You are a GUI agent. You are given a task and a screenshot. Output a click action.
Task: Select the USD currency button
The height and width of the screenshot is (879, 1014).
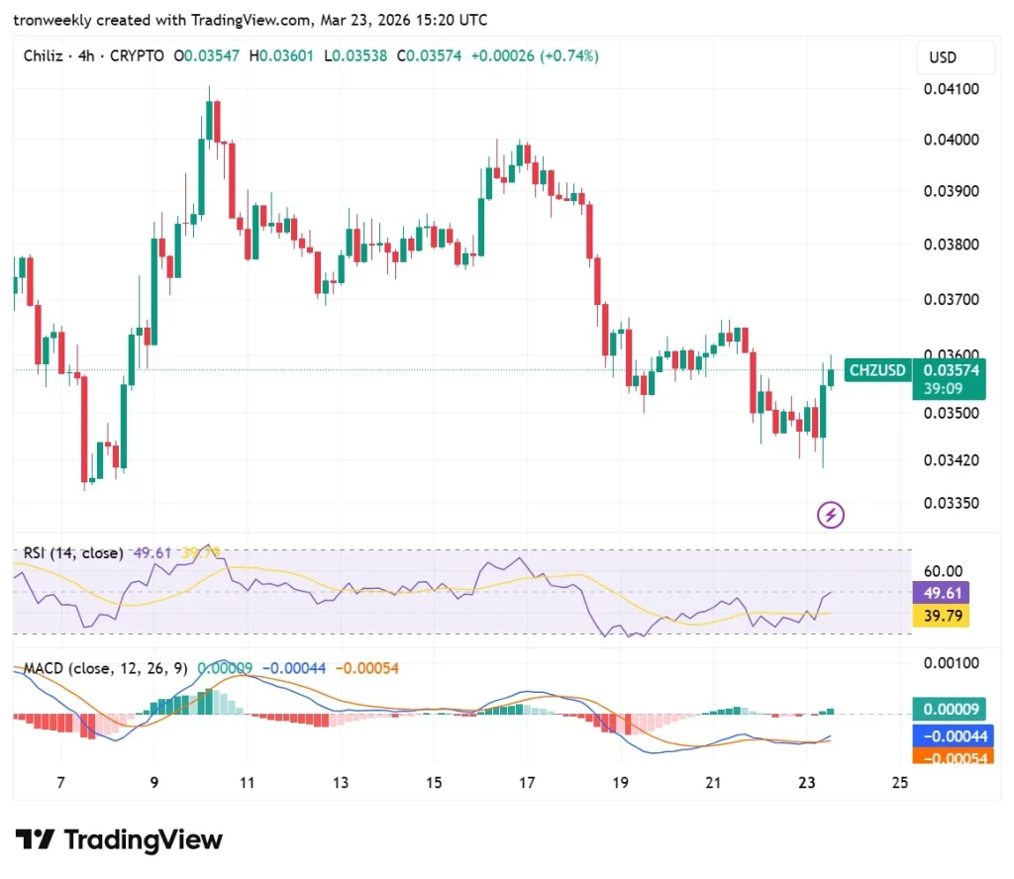tap(942, 57)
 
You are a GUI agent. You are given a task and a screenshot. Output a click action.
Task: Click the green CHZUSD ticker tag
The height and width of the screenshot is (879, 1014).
tap(877, 370)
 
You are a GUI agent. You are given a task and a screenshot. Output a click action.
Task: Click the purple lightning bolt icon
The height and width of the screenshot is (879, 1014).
tap(830, 515)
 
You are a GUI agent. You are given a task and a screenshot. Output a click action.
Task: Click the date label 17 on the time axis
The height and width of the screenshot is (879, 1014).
tap(527, 783)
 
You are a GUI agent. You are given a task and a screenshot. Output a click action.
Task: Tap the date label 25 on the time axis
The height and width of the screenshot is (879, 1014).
tap(899, 783)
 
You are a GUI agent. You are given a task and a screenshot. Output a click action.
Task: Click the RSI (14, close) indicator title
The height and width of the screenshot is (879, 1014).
tap(74, 553)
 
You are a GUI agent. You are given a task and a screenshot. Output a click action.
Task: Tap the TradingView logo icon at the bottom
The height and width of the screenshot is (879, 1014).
tap(38, 840)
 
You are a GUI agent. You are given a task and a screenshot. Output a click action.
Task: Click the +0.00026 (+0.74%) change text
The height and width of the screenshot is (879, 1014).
tap(535, 56)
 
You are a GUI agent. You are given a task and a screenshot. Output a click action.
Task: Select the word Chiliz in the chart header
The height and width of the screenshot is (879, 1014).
tap(44, 56)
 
